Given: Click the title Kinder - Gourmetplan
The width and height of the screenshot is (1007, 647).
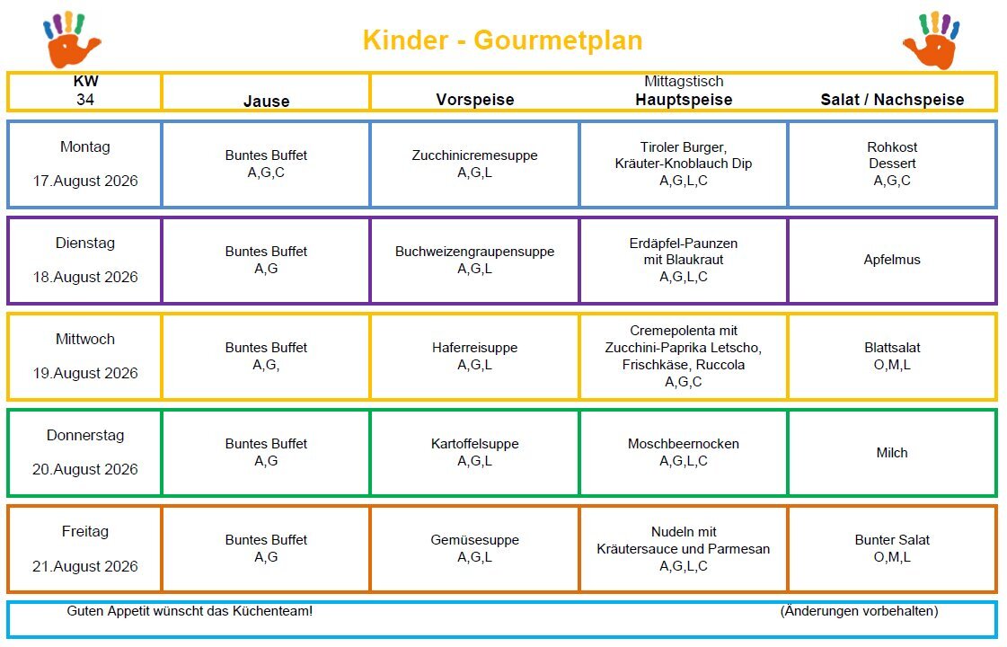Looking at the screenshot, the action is [502, 40].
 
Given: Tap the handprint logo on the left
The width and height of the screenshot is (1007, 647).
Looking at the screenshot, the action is [71, 40].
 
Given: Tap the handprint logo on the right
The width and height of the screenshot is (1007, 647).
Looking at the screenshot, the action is [932, 40].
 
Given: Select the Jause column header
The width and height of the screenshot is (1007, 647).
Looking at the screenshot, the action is [266, 101].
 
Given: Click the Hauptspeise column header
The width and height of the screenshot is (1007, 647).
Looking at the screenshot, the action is [684, 100].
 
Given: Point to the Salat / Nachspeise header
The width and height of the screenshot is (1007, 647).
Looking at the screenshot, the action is [892, 100].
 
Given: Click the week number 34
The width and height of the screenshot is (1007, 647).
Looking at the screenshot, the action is [85, 100].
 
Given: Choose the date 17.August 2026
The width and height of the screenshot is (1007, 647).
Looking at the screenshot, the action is [85, 182].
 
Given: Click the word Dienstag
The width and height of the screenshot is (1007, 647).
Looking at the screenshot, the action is [85, 243].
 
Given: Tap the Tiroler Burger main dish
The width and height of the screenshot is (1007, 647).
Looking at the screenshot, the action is [684, 147].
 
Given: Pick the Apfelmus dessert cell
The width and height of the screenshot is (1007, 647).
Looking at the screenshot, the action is [892, 260].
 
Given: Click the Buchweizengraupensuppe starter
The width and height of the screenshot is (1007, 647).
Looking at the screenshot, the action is [474, 252].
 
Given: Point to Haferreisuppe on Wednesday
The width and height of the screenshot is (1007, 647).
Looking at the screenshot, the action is [474, 348].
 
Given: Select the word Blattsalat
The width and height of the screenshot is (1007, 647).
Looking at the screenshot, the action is [892, 348].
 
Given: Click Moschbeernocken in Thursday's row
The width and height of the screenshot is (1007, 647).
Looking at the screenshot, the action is [684, 444].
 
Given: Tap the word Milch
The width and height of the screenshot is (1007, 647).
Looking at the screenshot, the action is [892, 453].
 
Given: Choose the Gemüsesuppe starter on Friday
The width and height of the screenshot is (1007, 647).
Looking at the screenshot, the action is [474, 540].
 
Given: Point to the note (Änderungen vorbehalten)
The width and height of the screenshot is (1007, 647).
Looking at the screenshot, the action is [860, 611].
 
